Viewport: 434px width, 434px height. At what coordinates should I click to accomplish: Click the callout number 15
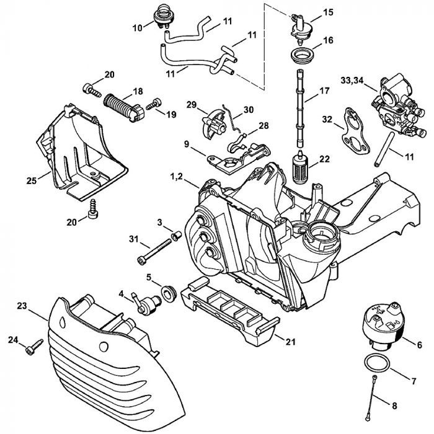point(328,12)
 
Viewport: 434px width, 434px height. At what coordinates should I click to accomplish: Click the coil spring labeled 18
point(123,100)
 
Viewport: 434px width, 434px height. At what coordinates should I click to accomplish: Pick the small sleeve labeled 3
point(175,236)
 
